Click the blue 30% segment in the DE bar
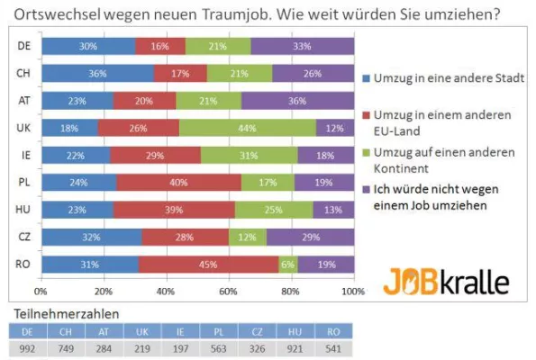[x=87, y=46]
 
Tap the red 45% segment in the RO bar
[x=208, y=265]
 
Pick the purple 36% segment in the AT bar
[x=297, y=101]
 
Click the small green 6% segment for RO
[x=288, y=265]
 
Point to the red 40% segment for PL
[x=178, y=183]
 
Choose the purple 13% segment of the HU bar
[x=332, y=210]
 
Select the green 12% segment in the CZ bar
[x=247, y=238]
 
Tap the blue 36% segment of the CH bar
[x=96, y=73]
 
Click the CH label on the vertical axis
[x=23, y=73]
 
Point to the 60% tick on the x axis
[x=228, y=292]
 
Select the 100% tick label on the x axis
[x=352, y=292]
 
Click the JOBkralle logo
[x=446, y=281]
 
